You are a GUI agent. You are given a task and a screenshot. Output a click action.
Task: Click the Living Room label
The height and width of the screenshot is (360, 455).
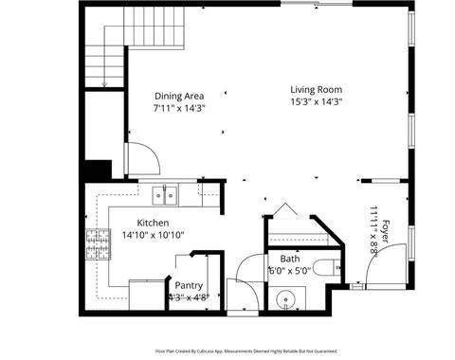316,90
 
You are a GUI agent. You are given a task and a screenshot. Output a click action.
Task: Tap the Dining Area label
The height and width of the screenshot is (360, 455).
179,96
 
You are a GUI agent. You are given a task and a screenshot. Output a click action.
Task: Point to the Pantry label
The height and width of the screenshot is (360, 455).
189,284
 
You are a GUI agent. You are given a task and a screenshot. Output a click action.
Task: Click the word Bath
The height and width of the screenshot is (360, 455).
289,259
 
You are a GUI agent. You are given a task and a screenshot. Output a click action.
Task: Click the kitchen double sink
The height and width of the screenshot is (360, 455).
166,195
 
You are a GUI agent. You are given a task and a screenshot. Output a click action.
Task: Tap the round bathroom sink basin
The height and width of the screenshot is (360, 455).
287,303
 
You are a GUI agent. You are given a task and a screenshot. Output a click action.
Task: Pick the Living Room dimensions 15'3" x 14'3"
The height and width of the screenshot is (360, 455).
316,102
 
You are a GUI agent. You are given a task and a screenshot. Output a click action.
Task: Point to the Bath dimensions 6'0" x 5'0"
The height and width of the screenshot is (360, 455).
289,271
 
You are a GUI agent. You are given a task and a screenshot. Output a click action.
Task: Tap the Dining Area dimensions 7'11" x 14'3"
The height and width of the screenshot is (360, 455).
179,108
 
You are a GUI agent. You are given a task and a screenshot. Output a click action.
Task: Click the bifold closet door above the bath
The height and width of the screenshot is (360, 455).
282,212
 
